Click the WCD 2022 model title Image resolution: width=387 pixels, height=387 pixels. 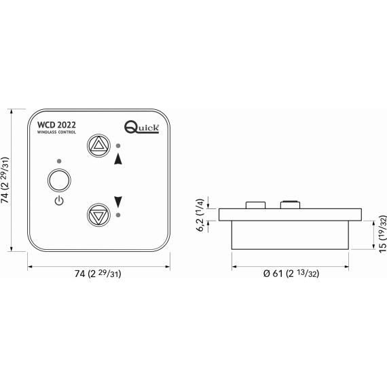(x=56, y=125)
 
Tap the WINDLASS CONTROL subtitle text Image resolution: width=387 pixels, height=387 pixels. (x=56, y=132)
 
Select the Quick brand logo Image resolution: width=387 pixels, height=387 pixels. (x=141, y=127)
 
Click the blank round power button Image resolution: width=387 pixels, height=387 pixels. (x=59, y=180)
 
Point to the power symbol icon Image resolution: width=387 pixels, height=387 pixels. (x=59, y=201)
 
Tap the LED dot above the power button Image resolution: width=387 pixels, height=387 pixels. (x=59, y=161)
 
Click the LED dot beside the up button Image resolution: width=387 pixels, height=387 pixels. (x=118, y=146)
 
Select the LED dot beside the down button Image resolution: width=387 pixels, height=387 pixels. (x=118, y=215)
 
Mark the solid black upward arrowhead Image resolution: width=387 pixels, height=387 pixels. (x=118, y=159)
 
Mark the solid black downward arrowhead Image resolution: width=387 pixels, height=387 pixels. (x=118, y=202)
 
